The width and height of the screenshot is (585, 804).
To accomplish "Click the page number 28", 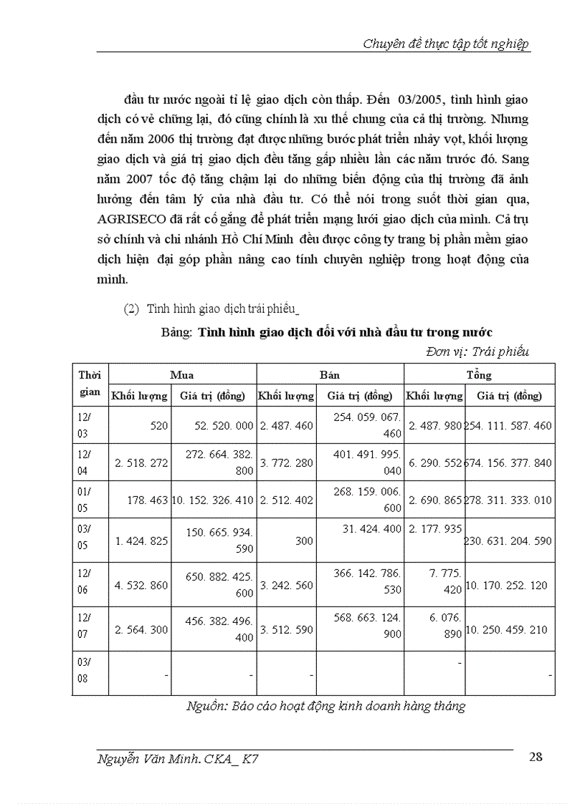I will point(534,758).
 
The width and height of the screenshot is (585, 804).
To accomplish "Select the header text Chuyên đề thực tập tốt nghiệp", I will point(447,44).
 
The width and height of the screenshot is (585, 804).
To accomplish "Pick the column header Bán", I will point(330,375).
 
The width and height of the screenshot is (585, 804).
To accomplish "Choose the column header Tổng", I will point(479,375).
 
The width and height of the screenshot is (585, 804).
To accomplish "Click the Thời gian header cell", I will point(90,384).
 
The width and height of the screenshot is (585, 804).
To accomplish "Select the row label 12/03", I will point(83,425).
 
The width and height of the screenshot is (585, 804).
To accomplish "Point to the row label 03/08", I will point(83,671).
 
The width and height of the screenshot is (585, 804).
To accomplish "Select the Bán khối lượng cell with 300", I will point(303,541).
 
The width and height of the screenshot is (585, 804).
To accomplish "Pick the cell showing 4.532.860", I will point(141,586).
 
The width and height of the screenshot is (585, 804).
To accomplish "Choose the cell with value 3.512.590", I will point(285,630).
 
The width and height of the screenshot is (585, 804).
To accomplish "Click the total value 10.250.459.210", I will point(508,630).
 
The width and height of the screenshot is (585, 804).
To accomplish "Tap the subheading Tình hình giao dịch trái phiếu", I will point(222,309).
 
